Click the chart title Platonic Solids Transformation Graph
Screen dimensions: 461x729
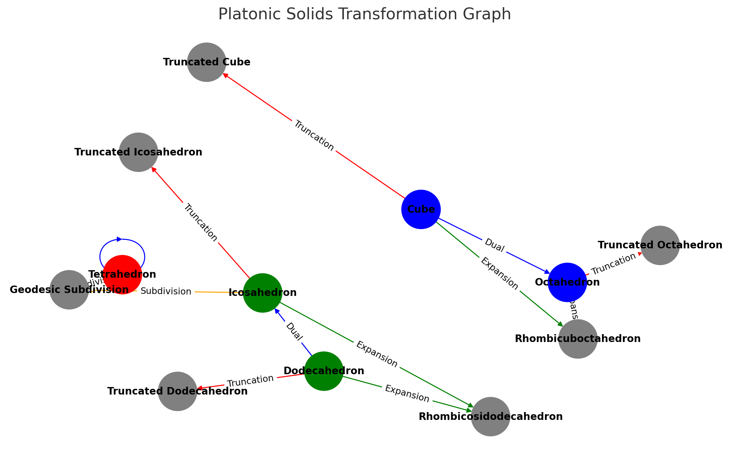[x=364, y=15]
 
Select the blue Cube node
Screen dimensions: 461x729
[x=421, y=209]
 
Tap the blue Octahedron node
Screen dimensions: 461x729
[x=567, y=282]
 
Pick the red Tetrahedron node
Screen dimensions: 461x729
[x=122, y=274]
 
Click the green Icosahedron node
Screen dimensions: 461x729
[x=262, y=293]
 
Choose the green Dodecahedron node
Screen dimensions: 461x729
[x=324, y=371]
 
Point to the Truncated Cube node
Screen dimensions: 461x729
[x=206, y=62]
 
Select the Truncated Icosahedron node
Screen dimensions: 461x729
[x=138, y=152]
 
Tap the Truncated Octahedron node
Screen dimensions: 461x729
[x=660, y=245]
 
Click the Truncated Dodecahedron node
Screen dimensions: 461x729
[x=177, y=391]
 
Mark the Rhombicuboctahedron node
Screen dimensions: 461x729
[x=578, y=339]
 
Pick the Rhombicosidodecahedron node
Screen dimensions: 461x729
[x=490, y=417]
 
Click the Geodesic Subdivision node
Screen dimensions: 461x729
[x=69, y=290]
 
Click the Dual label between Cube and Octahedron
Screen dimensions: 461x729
[x=494, y=246]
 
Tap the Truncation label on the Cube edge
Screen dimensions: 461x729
[x=314, y=136]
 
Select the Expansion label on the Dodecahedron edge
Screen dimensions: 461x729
[x=407, y=393]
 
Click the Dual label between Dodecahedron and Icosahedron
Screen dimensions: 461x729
[x=294, y=332]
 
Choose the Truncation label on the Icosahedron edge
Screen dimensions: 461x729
[x=200, y=223]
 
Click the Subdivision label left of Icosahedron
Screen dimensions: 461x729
[x=166, y=292]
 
